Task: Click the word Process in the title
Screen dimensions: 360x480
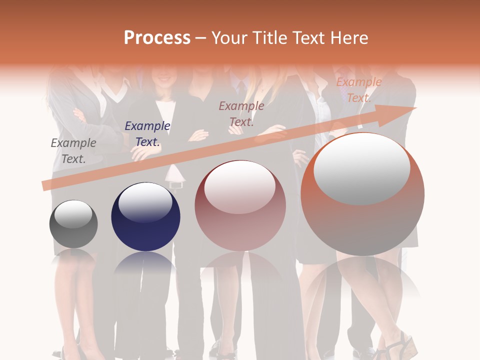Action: tap(157, 38)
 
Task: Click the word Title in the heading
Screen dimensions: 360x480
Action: tap(270, 38)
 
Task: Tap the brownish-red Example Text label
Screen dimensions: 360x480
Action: tap(241, 113)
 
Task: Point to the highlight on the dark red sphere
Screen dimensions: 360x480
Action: tap(240, 187)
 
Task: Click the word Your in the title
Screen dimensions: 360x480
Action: tap(230, 38)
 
